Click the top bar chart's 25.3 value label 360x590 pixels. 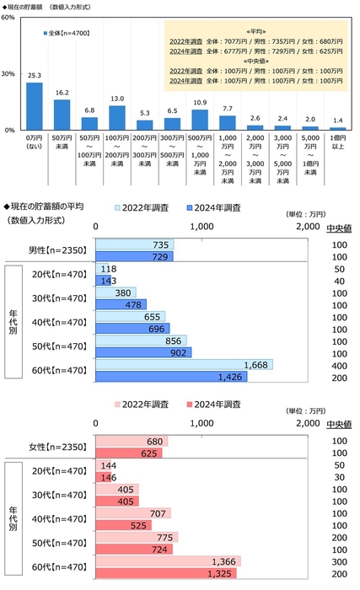[x=35, y=76]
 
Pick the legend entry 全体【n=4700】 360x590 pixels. [x=72, y=34]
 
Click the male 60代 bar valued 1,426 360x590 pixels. [x=169, y=376]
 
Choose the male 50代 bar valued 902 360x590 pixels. [x=143, y=352]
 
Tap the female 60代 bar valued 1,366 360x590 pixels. [x=169, y=561]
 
